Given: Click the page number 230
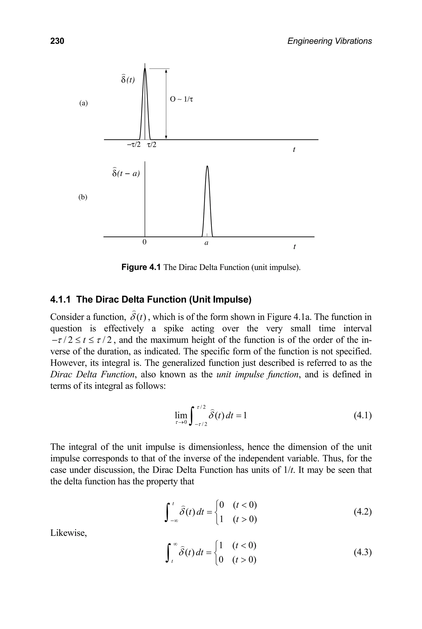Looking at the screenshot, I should pyautogui.click(x=57, y=41).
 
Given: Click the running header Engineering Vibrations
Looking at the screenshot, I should pyautogui.click(x=329, y=41).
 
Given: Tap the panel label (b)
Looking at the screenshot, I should pyautogui.click(x=83, y=197).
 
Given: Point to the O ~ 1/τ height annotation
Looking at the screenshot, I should pyautogui.click(x=182, y=99).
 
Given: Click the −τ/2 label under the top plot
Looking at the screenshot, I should pyautogui.click(x=134, y=145).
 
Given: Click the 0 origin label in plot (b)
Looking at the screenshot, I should pyautogui.click(x=144, y=242).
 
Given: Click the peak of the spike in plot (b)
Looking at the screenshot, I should pyautogui.click(x=207, y=166).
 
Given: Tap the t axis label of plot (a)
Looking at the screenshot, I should pyautogui.click(x=294, y=149).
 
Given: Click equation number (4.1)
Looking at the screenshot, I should pyautogui.click(x=362, y=416).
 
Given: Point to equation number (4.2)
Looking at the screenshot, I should pyautogui.click(x=362, y=512).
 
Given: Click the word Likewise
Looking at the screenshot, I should pyautogui.click(x=68, y=533).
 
